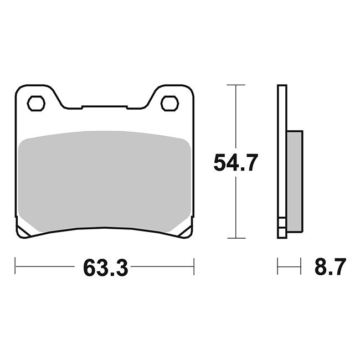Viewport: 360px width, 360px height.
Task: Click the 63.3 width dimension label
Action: click(x=105, y=268)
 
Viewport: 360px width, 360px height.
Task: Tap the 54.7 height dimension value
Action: click(x=235, y=162)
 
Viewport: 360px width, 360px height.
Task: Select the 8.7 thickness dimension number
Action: click(x=330, y=266)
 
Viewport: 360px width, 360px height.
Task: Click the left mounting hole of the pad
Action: click(x=36, y=104)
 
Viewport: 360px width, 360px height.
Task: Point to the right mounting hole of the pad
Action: click(x=170, y=104)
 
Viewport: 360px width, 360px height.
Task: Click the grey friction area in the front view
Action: click(x=105, y=181)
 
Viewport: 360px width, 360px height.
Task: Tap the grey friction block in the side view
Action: click(x=295, y=181)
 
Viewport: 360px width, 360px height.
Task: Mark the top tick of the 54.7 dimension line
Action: click(x=236, y=85)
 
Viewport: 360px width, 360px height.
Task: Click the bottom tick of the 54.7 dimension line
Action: click(x=236, y=238)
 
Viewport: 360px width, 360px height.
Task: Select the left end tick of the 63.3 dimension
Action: click(x=15, y=266)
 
